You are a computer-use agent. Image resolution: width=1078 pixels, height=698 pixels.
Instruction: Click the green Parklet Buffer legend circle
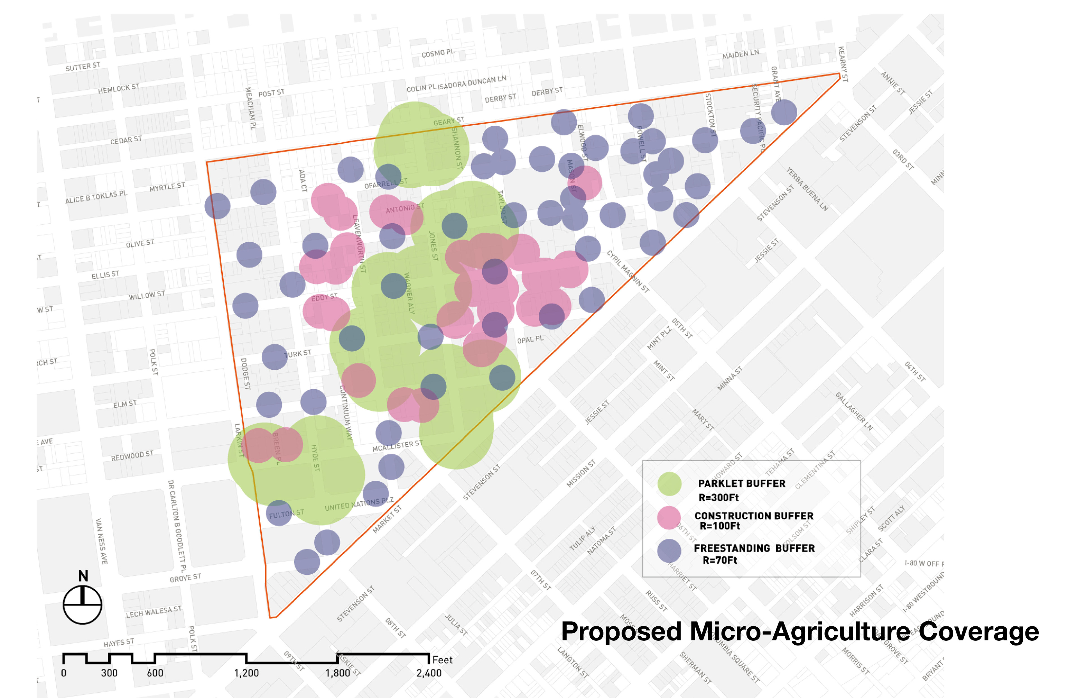[x=669, y=484]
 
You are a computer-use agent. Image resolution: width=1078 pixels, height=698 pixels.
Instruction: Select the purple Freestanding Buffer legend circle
[x=669, y=551]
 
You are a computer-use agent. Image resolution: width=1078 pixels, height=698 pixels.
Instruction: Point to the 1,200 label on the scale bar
[x=246, y=673]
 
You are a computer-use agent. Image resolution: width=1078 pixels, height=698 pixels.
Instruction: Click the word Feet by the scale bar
[x=442, y=660]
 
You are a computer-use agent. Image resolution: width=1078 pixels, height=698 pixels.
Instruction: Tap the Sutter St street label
[x=83, y=67]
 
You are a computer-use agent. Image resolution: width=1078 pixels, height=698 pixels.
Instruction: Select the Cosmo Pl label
[x=438, y=53]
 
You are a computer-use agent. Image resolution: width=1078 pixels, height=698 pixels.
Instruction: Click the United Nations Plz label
[x=359, y=504]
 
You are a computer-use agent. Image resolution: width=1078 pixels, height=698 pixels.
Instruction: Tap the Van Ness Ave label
[x=101, y=541]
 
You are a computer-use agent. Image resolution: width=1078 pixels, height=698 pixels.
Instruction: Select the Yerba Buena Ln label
[x=807, y=189]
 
